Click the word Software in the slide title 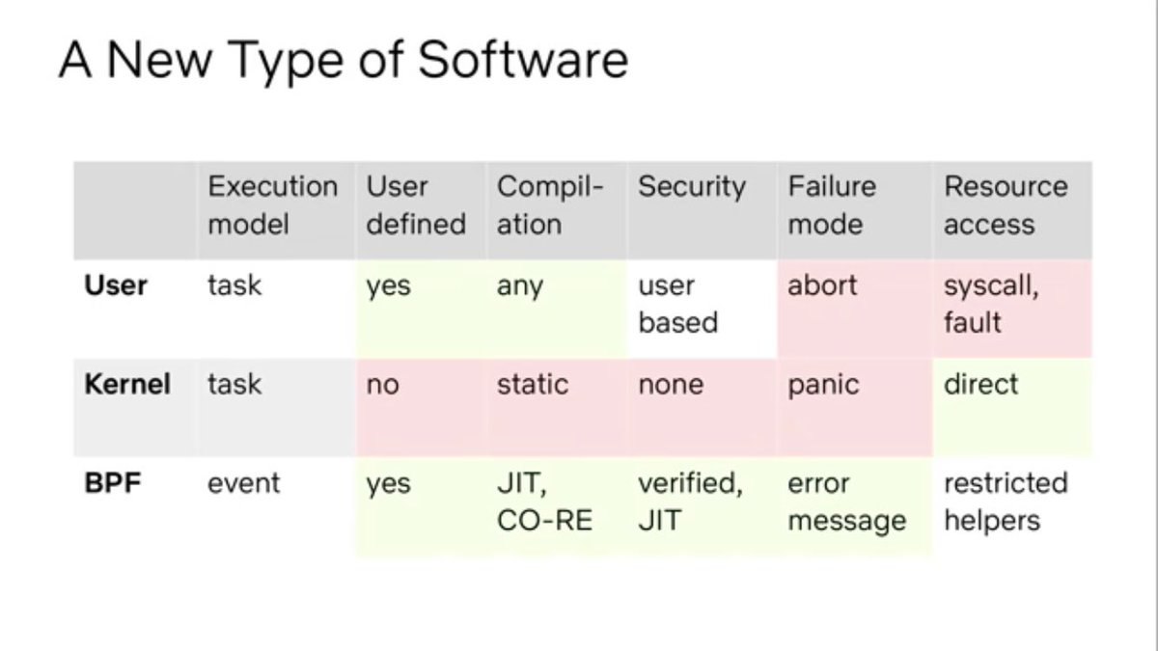click(x=523, y=60)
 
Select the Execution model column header click(x=272, y=205)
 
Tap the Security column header click(x=692, y=187)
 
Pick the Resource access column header click(x=1006, y=205)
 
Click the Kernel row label click(x=127, y=385)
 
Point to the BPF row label click(x=112, y=483)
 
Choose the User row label click(x=115, y=285)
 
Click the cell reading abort click(x=822, y=285)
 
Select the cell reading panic click(x=823, y=385)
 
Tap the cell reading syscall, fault click(x=991, y=304)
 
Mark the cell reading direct click(x=980, y=385)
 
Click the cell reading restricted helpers click(x=1006, y=502)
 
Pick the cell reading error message click(x=847, y=502)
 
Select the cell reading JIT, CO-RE click(x=544, y=502)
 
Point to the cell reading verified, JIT click(x=690, y=502)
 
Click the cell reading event click(x=243, y=483)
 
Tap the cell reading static click(x=533, y=385)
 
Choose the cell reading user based click(x=677, y=304)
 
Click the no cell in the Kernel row click(x=382, y=385)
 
